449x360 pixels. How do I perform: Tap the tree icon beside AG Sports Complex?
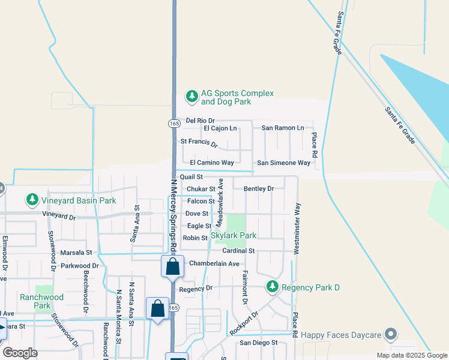(x=191, y=95)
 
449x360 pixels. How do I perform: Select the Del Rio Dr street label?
(x=200, y=121)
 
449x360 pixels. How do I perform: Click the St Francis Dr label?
(x=199, y=142)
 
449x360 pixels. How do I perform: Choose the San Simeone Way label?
(x=284, y=163)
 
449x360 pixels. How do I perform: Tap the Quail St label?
(x=191, y=177)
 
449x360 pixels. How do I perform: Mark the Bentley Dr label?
(x=259, y=188)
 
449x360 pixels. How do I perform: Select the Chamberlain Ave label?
(x=214, y=263)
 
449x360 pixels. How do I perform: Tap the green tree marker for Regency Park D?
(x=273, y=286)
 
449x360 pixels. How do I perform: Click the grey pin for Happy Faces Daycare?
(x=391, y=334)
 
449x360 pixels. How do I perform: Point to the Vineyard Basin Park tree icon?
(x=32, y=199)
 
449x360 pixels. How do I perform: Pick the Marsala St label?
(x=76, y=253)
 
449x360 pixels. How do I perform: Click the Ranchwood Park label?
(x=41, y=301)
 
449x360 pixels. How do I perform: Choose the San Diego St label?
(x=259, y=343)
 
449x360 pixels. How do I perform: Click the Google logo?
(x=20, y=352)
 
